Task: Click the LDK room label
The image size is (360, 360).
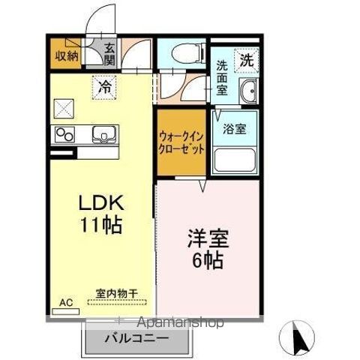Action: [102, 204]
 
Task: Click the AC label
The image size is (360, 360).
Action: [65, 304]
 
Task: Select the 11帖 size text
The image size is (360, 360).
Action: [102, 223]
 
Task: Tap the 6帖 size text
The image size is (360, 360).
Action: [207, 262]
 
